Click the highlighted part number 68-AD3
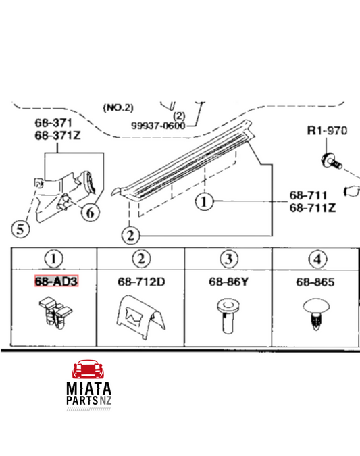pos(57,281)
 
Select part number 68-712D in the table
pos(141,282)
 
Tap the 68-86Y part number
pos(228,282)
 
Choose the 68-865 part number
pos(315,282)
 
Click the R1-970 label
pos(327,130)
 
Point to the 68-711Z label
pos(313,207)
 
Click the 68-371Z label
pos(57,135)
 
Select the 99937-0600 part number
pos(158,126)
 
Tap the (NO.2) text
pos(118,108)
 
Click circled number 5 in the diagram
pos(20,229)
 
